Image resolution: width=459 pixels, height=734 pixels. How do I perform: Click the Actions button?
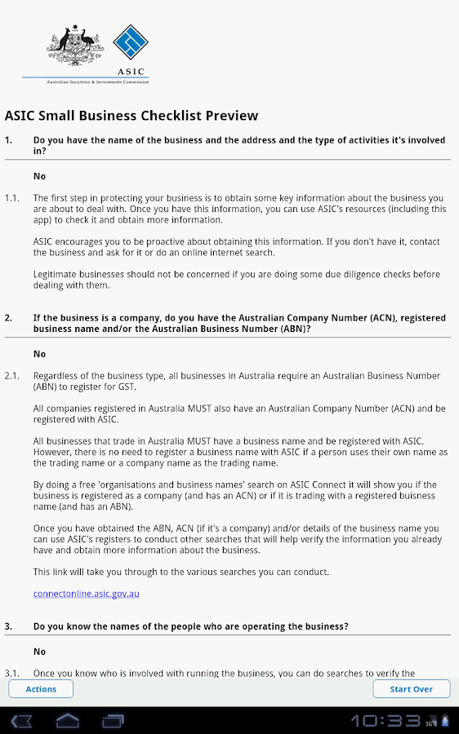[x=41, y=689]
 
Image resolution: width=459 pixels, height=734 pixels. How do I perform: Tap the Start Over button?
[x=411, y=689]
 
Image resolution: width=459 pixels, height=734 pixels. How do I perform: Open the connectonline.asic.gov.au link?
[x=87, y=594]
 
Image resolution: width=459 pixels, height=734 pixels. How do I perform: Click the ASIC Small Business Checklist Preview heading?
[x=131, y=116]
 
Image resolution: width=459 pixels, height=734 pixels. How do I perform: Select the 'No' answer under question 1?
[x=39, y=176]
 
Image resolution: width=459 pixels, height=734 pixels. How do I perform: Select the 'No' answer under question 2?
[x=39, y=354]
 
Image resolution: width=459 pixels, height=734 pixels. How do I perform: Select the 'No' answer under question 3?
[x=39, y=652]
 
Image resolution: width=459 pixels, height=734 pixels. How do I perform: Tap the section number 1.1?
[x=11, y=198]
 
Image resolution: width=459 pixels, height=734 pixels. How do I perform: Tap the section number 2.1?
[x=11, y=376]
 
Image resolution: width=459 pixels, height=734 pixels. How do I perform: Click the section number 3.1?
[x=11, y=674]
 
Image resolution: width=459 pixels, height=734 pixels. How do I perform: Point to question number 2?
[x=8, y=318]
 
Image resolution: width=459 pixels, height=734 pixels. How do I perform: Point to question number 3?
[x=8, y=626]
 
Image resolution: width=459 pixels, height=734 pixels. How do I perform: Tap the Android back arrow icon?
[x=22, y=721]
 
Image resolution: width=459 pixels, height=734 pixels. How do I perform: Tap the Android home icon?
[x=68, y=721]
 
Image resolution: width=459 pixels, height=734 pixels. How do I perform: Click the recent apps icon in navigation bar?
[x=113, y=721]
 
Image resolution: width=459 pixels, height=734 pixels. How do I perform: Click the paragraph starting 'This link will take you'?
[x=181, y=572]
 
